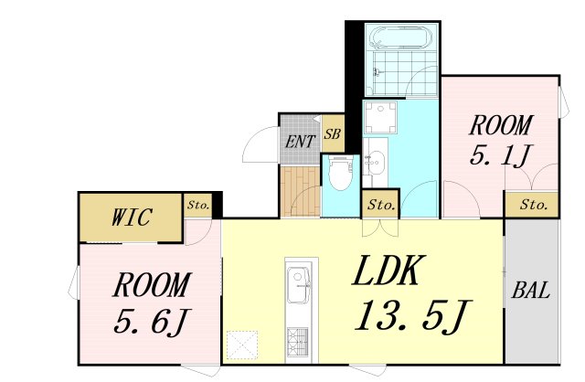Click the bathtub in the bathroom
click(400, 40)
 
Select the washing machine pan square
click(378, 118)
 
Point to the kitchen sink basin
click(299, 284)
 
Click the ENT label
click(299, 142)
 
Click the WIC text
click(131, 218)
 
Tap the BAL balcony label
click(530, 291)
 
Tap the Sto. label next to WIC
click(198, 206)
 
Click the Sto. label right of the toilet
click(381, 206)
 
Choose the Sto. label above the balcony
click(532, 205)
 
